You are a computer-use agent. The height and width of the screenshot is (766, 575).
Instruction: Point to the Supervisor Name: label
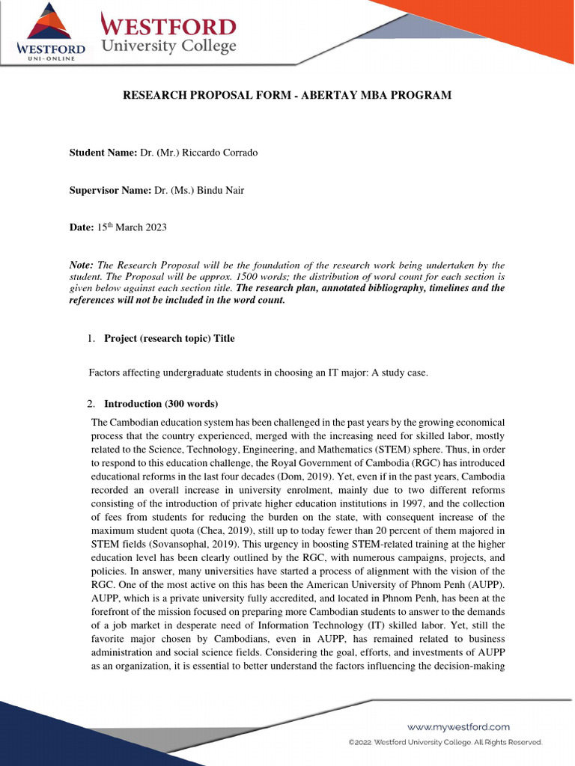point(111,190)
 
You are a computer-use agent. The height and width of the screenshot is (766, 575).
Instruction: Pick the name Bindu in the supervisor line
point(208,190)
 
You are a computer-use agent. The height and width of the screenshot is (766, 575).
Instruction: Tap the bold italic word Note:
point(82,266)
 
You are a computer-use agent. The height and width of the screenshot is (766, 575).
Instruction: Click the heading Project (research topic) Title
point(169,338)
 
